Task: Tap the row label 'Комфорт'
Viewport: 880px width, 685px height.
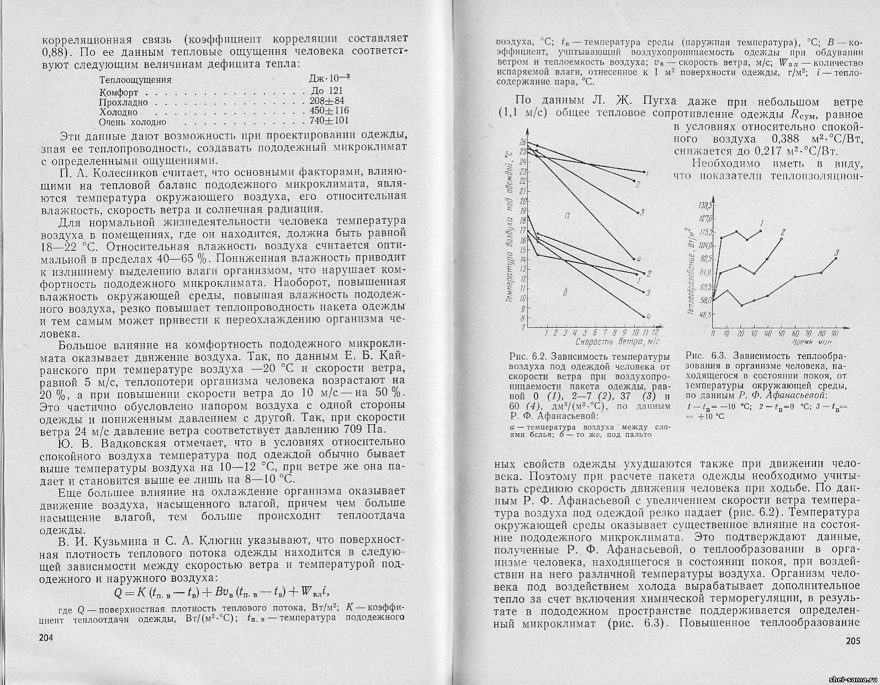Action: tap(119, 92)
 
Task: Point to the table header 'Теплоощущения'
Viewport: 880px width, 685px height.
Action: tap(135, 80)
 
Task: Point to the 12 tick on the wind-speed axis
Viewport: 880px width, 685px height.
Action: tap(655, 334)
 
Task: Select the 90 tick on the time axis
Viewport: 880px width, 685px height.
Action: tap(835, 334)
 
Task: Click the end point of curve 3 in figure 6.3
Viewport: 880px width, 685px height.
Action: tap(836, 258)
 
